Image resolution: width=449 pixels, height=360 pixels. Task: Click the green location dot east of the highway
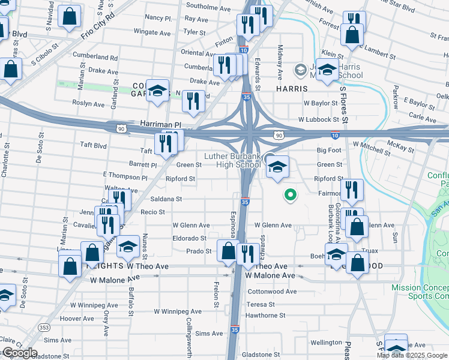click(291, 194)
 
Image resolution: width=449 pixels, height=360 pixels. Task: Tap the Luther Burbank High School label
click(232, 161)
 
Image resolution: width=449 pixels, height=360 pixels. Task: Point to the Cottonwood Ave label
click(272, 292)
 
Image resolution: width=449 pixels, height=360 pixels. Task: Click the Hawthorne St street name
click(260, 314)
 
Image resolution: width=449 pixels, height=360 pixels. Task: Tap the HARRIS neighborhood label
click(292, 88)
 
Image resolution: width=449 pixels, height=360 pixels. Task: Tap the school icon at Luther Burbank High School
click(278, 167)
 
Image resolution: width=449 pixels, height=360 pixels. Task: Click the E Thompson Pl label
click(125, 178)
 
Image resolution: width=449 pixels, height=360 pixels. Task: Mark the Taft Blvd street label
click(93, 145)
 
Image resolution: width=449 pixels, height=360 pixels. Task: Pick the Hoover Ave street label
click(74, 319)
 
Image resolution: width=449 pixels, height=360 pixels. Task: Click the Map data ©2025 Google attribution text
click(412, 355)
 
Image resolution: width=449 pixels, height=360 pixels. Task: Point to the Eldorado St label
click(190, 238)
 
